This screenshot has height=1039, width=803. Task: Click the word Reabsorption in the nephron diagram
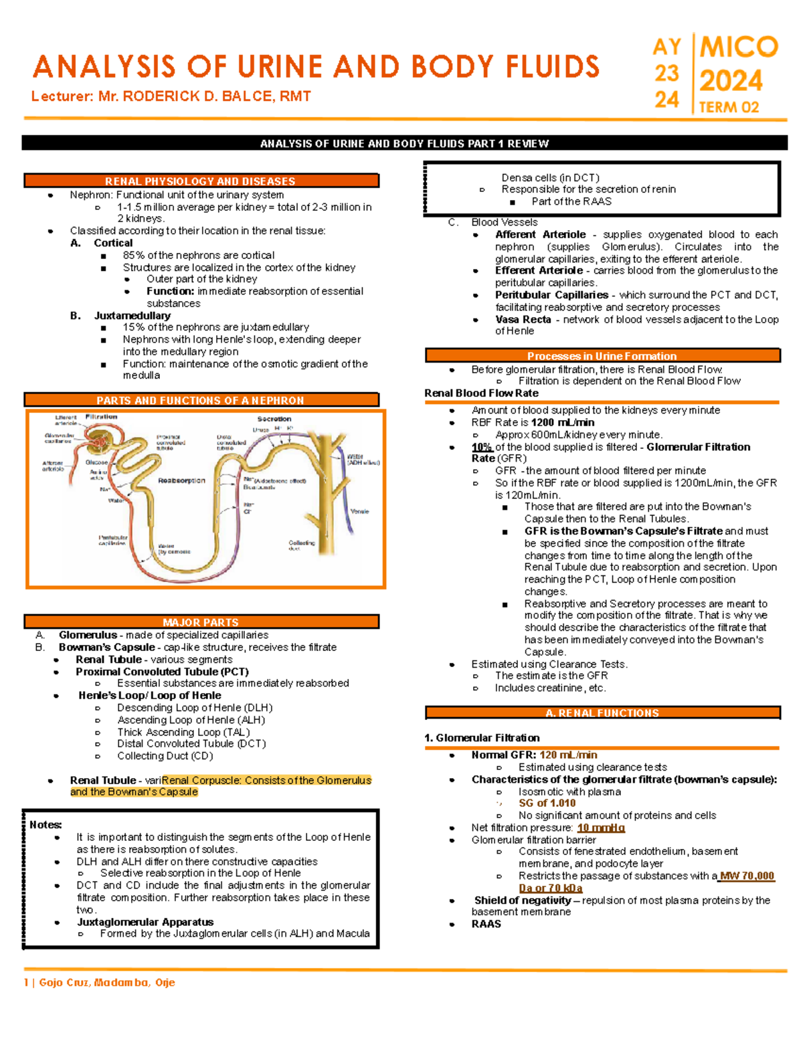(181, 480)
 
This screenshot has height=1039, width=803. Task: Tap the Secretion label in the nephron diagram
(274, 419)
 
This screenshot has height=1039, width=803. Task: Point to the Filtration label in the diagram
(101, 417)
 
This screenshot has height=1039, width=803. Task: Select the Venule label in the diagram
(359, 511)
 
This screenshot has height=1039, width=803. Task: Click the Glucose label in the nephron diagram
(96, 462)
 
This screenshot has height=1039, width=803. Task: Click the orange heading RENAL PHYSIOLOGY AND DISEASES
(200, 181)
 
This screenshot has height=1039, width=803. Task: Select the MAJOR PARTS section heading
(200, 622)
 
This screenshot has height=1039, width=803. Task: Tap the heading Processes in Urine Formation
(602, 356)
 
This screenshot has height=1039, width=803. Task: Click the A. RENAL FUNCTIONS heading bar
(602, 713)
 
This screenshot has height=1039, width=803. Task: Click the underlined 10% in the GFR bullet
(482, 447)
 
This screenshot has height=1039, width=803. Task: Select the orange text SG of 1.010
(547, 803)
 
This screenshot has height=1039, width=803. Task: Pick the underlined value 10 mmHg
(600, 828)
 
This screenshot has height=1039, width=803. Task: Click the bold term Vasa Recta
(523, 319)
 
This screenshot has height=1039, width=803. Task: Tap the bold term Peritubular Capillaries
(551, 294)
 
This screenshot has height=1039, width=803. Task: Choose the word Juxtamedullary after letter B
(132, 315)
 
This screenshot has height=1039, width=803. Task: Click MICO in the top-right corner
(739, 47)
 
